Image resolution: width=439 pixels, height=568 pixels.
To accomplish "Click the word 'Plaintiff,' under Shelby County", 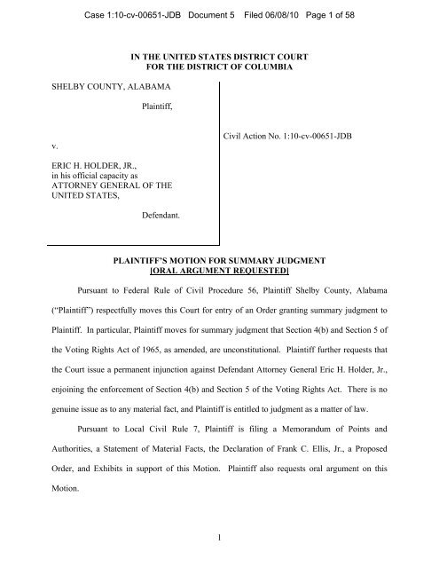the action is pyautogui.click(x=161, y=108).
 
